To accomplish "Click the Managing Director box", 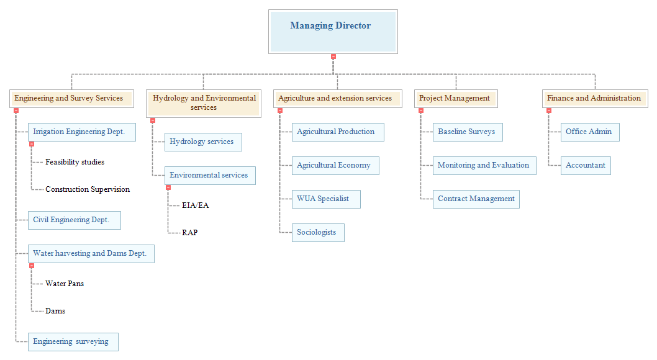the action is [333, 32].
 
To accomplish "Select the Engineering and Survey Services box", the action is [71, 98].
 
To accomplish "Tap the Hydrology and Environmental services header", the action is [204, 104].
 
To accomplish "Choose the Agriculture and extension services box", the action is [338, 98].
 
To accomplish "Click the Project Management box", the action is [456, 98].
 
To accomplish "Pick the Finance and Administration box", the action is [595, 98].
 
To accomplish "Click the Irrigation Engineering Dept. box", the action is [82, 132].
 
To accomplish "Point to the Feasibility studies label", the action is [75, 162].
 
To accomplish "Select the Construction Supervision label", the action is [88, 189].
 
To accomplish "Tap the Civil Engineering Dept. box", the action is [74, 220].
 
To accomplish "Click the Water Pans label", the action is [65, 284].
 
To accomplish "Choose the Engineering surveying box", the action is [73, 341].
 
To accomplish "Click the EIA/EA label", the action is [195, 205].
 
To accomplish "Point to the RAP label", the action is [190, 232].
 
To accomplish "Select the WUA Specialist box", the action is [326, 199].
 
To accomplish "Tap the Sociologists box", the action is [318, 232].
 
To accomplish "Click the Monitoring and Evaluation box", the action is [484, 165].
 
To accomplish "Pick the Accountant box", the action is [586, 165].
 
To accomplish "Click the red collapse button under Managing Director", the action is [333, 56].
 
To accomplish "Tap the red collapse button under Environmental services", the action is [168, 187].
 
